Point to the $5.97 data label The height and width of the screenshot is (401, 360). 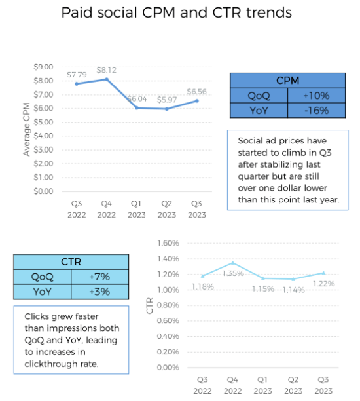tap(168, 100)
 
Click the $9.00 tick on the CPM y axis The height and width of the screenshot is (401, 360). tap(43, 67)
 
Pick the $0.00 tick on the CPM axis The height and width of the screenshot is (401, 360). tap(43, 191)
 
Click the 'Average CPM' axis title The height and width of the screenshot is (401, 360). tap(27, 129)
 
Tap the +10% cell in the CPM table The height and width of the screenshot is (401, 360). tap(316, 96)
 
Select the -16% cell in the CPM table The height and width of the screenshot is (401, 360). tap(316, 111)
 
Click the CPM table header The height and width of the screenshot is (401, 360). tap(287, 81)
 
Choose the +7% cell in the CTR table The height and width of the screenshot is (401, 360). tap(101, 277)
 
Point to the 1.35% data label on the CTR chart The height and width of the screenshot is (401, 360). tap(232, 273)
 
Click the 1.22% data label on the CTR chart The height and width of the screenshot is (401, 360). tap(323, 283)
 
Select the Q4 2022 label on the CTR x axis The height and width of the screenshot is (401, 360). tap(232, 385)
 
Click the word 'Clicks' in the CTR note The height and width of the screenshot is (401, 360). tap(39, 315)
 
